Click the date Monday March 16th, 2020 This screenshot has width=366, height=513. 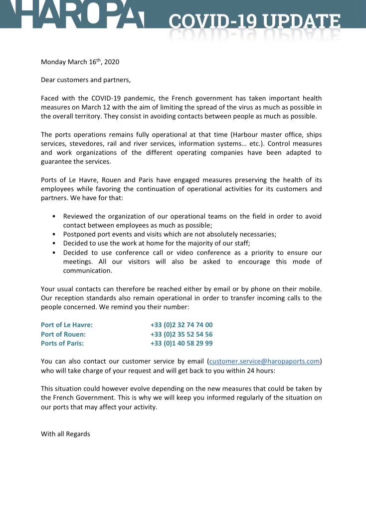pos(80,62)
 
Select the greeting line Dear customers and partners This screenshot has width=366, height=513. pos(85,80)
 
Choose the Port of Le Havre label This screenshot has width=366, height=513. pos(67,325)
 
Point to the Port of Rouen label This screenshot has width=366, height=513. pos(63,334)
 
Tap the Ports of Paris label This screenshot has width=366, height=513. pos(62,343)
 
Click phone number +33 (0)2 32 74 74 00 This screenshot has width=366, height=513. pos(182,325)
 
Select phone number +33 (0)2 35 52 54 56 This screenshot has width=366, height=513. pos(182,334)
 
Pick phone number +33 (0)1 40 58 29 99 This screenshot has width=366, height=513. pos(182,343)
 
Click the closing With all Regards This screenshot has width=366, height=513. pos(65,434)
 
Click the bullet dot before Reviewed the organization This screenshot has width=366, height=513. pos(54,217)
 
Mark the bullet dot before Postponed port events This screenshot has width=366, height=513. pos(54,235)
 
